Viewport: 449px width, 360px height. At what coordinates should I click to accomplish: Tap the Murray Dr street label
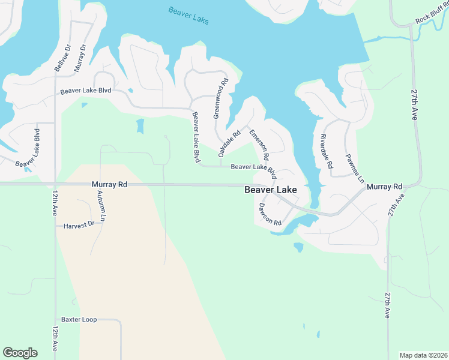point(80,58)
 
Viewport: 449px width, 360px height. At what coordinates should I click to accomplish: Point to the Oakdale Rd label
point(229,145)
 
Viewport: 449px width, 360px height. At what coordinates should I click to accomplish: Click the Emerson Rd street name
point(258,145)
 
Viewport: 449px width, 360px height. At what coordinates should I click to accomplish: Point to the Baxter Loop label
point(79,320)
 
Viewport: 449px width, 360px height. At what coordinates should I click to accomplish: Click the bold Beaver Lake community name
point(271,190)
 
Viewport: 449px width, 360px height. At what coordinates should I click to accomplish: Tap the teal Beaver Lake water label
point(188,16)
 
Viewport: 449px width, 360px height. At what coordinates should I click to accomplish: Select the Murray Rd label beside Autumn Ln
point(110,185)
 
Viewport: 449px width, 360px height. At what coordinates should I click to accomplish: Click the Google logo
point(20,353)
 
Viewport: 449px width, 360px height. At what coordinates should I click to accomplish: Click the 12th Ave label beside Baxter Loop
point(55,339)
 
